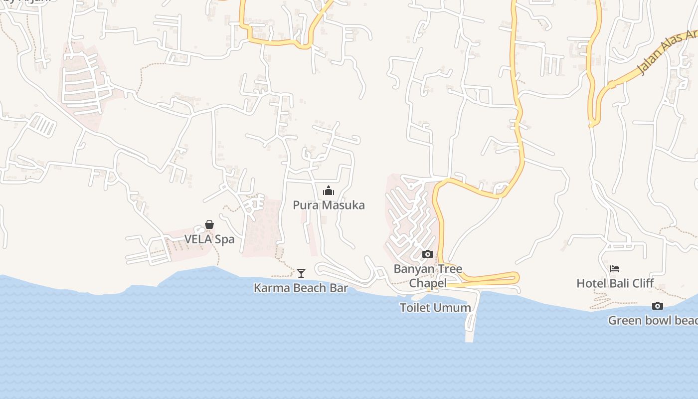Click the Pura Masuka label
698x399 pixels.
pos(329,205)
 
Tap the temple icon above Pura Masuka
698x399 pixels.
pos(329,191)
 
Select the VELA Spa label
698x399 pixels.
pos(209,239)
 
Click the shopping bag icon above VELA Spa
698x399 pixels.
pos(209,225)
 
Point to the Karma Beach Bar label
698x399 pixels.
pos(301,288)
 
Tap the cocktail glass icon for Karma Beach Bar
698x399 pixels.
pos(301,273)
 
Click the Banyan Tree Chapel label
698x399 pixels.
pos(428,276)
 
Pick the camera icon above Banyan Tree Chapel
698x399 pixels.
pos(428,254)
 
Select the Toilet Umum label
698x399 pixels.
pos(435,308)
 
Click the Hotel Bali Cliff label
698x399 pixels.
pos(615,283)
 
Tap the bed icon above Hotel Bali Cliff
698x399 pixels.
pos(615,269)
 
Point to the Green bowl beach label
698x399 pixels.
pos(653,320)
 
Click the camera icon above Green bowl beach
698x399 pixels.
pos(658,306)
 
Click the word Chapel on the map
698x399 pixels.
pos(428,283)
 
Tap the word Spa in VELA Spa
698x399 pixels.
pos(224,239)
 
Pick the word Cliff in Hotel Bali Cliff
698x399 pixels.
pos(643,283)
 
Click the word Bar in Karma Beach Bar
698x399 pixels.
pos(339,288)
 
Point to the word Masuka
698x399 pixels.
pos(343,205)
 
